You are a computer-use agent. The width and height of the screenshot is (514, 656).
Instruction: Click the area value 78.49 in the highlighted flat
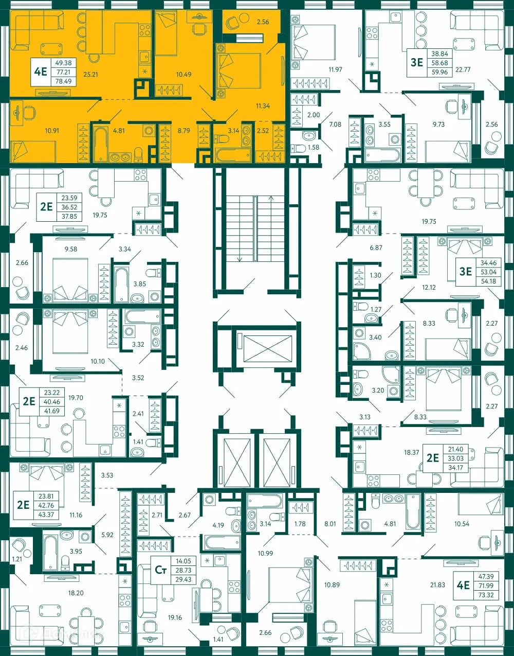(64, 81)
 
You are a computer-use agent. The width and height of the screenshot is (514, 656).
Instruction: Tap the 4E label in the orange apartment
(41, 72)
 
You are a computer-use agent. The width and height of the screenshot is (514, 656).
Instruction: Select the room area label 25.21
(90, 75)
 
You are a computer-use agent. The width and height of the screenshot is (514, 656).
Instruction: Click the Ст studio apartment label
(161, 570)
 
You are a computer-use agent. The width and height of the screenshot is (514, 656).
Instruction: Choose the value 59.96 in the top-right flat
(439, 72)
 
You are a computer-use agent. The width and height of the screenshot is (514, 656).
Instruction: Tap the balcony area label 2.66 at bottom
(265, 632)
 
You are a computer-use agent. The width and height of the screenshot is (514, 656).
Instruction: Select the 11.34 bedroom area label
(263, 106)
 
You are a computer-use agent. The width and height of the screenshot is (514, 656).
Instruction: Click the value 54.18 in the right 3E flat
(488, 281)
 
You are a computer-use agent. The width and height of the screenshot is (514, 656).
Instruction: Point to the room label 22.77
(463, 69)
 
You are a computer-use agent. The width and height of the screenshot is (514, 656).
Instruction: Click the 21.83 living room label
(437, 585)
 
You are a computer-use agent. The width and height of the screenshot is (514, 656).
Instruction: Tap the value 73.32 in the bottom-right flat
(486, 595)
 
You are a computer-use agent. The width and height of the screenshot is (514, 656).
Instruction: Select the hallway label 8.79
(183, 131)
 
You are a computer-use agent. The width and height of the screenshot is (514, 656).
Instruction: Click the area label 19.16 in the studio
(175, 618)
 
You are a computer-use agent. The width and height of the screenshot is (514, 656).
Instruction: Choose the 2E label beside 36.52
(46, 207)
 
